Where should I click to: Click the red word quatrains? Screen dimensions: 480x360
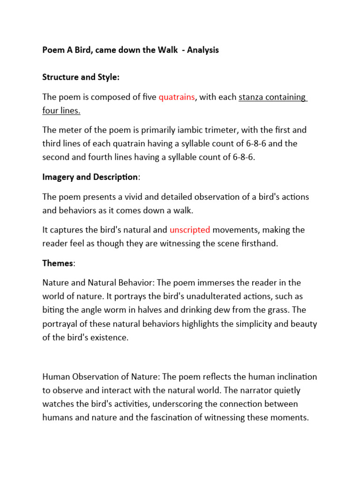pos(176,97)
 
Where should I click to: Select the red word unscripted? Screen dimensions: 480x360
pos(190,230)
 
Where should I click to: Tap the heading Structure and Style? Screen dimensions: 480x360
pos(81,77)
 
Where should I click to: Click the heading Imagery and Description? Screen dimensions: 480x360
pos(90,177)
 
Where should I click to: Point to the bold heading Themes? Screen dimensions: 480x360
pos(58,263)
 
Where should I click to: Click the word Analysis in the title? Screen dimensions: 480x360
pos(203,50)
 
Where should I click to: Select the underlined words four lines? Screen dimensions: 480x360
pos(61,111)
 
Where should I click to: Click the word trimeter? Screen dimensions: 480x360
pos(223,130)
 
